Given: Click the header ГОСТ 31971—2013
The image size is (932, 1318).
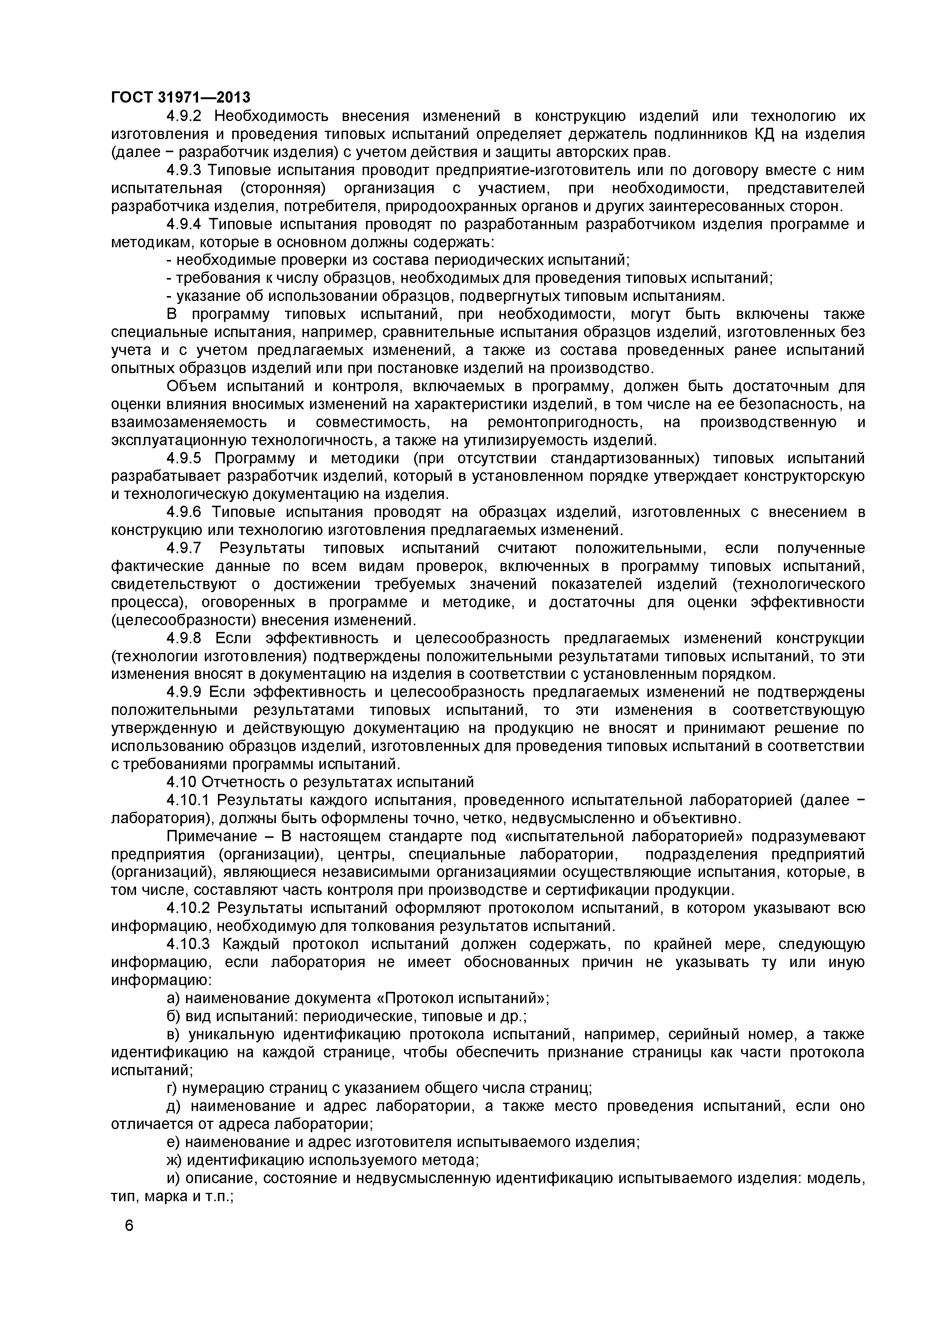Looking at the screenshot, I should click(180, 98).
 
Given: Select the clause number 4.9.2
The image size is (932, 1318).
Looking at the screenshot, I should click(184, 116).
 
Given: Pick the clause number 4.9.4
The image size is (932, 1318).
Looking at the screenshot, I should click(184, 224).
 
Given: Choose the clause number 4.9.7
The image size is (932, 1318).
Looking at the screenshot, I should click(184, 548).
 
